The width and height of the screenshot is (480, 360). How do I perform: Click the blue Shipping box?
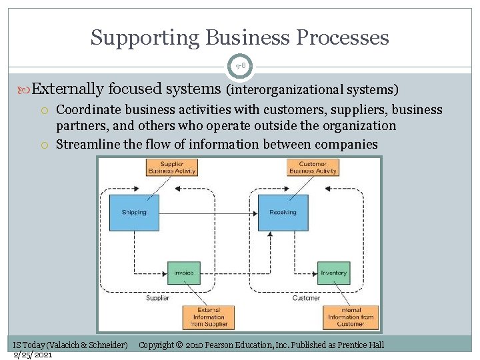134,213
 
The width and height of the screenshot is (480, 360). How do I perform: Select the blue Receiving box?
283,213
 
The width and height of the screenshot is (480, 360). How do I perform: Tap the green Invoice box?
184,273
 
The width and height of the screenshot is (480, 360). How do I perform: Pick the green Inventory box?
333,273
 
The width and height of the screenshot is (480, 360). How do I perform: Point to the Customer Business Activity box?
313,167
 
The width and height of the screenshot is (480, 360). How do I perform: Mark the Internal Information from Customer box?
351,317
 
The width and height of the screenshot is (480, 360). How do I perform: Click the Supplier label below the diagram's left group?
157,298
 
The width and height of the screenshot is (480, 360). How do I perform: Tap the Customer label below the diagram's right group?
306,298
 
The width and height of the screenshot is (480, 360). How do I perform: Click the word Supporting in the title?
137,37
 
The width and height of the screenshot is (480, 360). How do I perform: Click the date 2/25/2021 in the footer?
33,354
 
